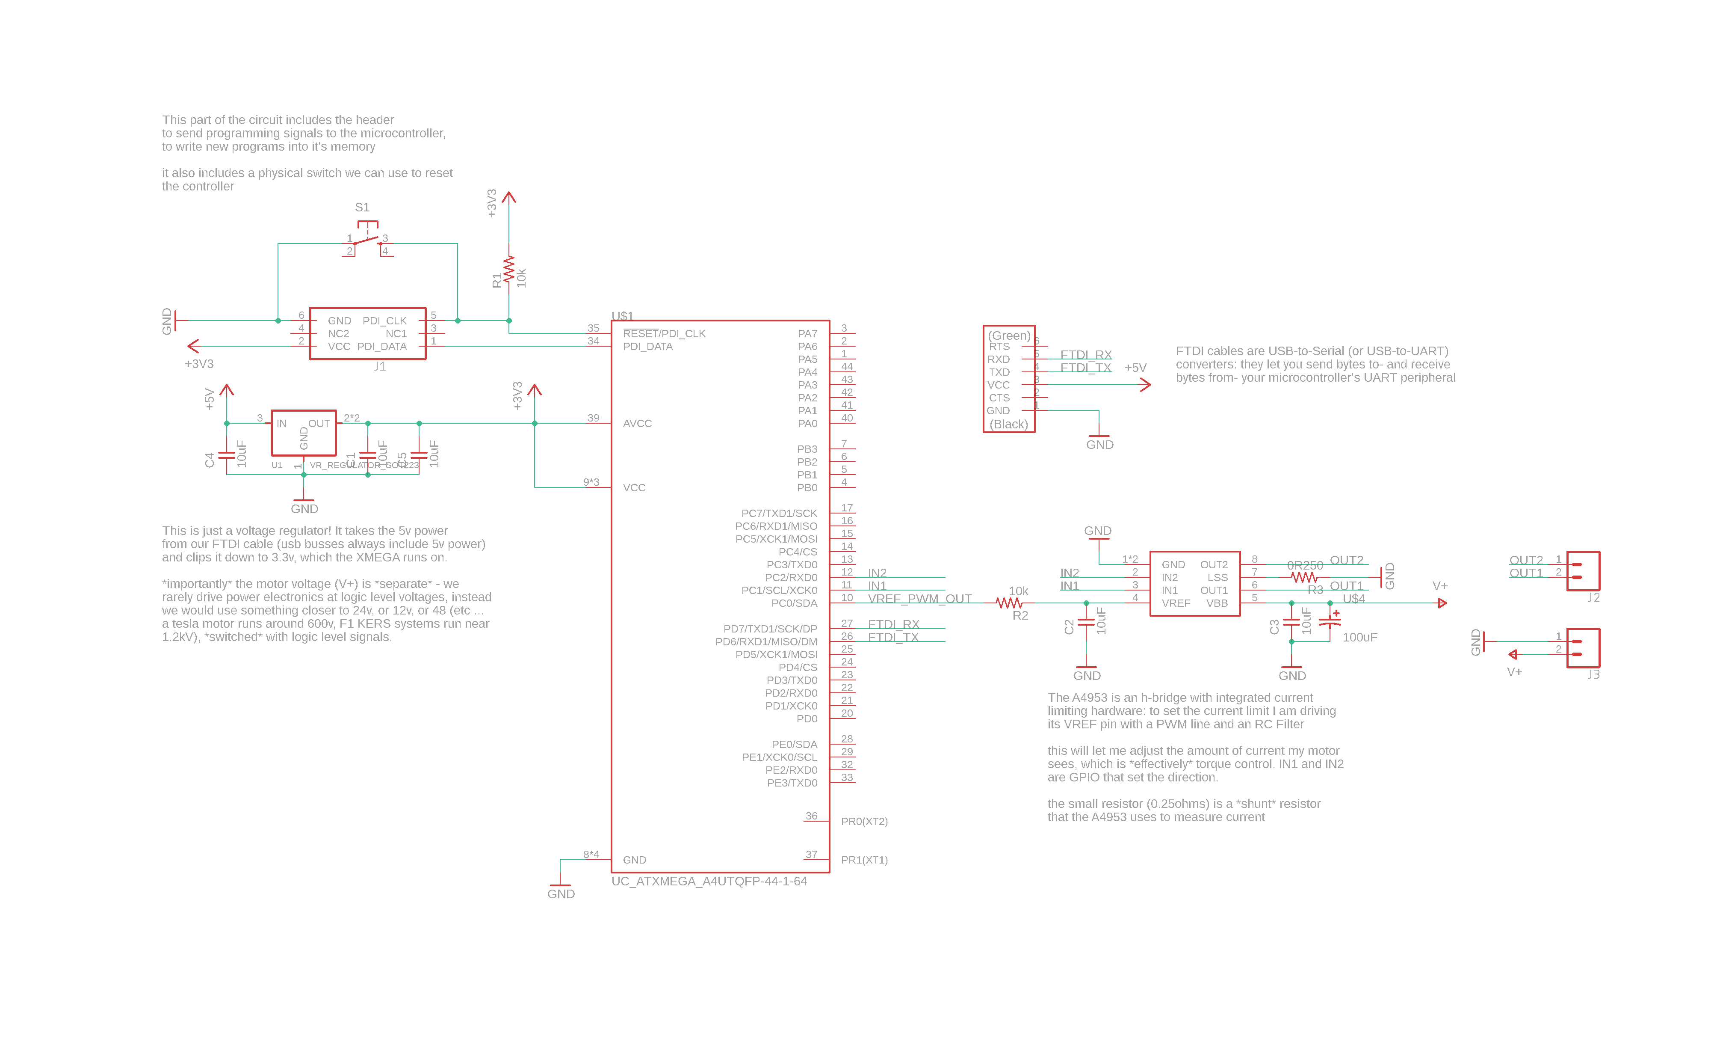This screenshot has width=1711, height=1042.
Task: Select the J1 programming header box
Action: click(x=367, y=333)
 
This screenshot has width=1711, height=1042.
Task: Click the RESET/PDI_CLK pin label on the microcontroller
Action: click(x=664, y=333)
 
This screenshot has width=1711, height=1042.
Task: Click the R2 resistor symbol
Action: click(x=1009, y=603)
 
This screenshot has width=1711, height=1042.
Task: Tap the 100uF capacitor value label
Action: click(x=1359, y=637)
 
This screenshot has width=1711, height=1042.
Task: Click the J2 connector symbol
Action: click(x=1583, y=571)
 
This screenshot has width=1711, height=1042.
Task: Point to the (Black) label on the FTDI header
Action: click(x=1008, y=424)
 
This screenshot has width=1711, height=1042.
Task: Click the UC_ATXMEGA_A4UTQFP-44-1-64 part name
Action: click(x=709, y=881)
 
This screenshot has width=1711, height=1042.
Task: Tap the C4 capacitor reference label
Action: click(x=210, y=460)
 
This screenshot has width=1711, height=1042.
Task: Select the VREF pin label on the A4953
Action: click(x=1176, y=603)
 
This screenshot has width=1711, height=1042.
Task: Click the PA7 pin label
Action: click(x=807, y=333)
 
